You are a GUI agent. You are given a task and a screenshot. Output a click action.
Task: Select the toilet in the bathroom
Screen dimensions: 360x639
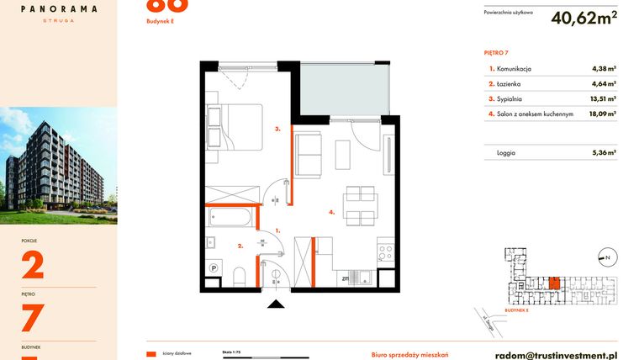point(240,274)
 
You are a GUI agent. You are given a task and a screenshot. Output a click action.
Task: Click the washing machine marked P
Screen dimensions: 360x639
point(214,268)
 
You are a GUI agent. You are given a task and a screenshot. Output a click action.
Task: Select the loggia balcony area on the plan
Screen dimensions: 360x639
point(343,89)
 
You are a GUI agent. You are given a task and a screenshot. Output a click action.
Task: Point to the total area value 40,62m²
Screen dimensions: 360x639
point(584,19)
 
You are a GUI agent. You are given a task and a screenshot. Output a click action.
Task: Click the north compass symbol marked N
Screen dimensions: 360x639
point(604,257)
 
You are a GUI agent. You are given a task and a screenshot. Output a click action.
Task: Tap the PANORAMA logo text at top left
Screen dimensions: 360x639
point(58,8)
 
